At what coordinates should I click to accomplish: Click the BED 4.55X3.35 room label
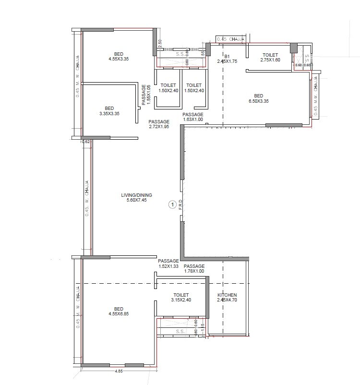click(x=119, y=56)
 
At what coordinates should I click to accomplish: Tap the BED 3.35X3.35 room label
click(x=109, y=111)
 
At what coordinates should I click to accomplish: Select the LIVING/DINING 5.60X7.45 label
click(x=137, y=197)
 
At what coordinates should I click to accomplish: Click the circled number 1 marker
click(x=171, y=205)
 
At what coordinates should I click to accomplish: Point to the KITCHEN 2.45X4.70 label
click(x=227, y=298)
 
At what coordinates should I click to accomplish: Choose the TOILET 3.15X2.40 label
click(x=181, y=298)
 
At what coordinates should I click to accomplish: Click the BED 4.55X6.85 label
click(x=119, y=311)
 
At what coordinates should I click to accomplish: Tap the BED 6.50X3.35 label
click(x=258, y=98)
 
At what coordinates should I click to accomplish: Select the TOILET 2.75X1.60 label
click(x=270, y=58)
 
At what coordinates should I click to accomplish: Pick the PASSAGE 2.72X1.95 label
click(x=158, y=124)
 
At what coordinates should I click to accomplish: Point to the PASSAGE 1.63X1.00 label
click(x=193, y=117)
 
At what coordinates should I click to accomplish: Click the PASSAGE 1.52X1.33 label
click(x=168, y=264)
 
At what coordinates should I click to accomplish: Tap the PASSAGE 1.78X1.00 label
click(x=194, y=269)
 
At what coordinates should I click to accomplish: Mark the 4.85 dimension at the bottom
click(x=119, y=371)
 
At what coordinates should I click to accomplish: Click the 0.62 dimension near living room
click(x=86, y=142)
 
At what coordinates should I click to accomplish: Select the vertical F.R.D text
click(x=180, y=204)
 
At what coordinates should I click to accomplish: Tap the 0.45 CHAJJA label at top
click(x=231, y=39)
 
